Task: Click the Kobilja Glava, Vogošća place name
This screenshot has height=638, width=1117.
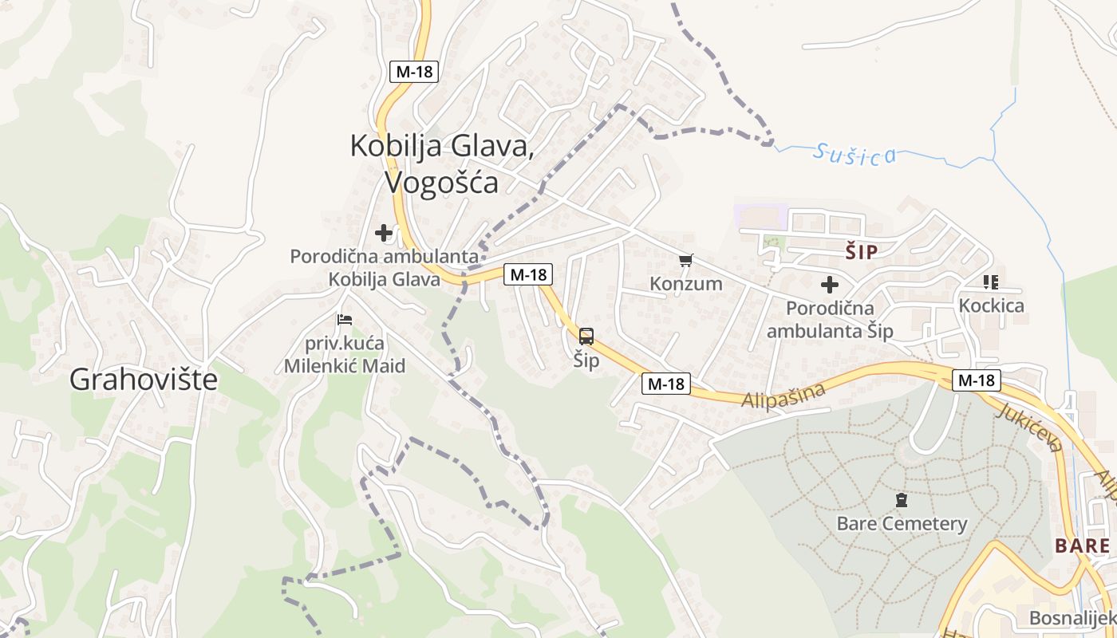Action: pyautogui.click(x=441, y=163)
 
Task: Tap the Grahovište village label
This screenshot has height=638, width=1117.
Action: pyautogui.click(x=144, y=379)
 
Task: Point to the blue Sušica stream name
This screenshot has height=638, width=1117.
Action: pyautogui.click(x=855, y=154)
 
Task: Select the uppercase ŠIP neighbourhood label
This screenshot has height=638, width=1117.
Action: pyautogui.click(x=862, y=253)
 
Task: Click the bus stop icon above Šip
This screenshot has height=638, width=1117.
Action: pyautogui.click(x=586, y=337)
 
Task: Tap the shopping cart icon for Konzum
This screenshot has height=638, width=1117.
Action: pyautogui.click(x=686, y=261)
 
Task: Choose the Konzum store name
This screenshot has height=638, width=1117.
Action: pyautogui.click(x=686, y=284)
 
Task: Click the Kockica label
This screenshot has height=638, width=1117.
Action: pyautogui.click(x=991, y=305)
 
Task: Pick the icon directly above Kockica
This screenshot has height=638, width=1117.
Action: pyautogui.click(x=991, y=282)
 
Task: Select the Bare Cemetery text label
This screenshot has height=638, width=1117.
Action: pyautogui.click(x=902, y=524)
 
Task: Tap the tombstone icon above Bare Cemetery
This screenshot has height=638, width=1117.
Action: pyautogui.click(x=902, y=501)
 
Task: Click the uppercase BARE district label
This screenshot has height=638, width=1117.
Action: pyautogui.click(x=1082, y=546)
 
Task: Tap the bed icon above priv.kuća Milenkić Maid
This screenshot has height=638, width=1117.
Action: pyautogui.click(x=345, y=320)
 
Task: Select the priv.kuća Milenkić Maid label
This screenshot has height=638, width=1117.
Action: pyautogui.click(x=345, y=356)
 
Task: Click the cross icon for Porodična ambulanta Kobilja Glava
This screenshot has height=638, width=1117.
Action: pyautogui.click(x=384, y=233)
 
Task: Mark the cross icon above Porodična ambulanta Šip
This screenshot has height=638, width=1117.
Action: pyautogui.click(x=830, y=284)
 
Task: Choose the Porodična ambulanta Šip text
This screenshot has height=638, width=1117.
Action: pyautogui.click(x=830, y=319)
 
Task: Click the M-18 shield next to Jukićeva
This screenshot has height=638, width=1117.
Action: pyautogui.click(x=977, y=380)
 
